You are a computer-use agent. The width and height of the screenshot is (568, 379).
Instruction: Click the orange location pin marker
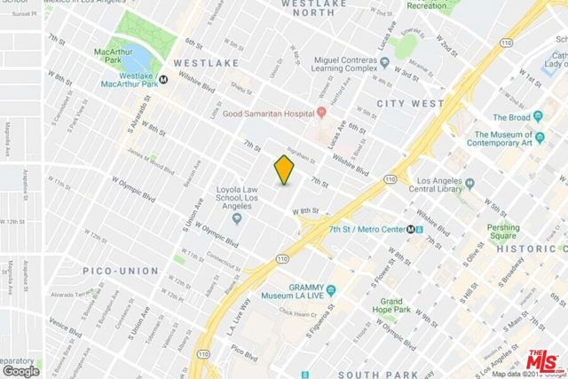tap(283, 169)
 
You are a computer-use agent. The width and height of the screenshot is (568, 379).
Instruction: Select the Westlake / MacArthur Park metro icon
tap(164, 79)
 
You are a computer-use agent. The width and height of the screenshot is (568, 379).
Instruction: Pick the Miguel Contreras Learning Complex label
tap(351, 67)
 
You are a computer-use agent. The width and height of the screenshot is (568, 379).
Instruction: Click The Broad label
tap(512, 116)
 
